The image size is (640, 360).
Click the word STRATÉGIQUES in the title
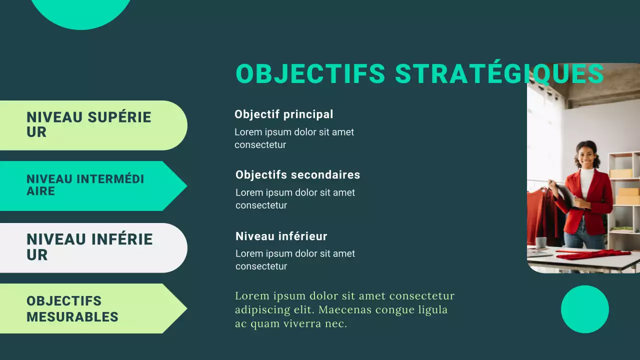click(499, 74)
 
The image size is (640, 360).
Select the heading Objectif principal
click(283, 114)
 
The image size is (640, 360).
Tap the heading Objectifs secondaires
click(297, 175)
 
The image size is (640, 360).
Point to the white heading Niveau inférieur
click(281, 236)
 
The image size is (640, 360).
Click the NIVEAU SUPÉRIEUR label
click(89, 124)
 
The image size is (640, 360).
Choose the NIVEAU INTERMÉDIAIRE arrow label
click(85, 185)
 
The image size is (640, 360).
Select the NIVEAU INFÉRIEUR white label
click(89, 247)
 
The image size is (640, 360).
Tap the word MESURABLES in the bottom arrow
click(72, 317)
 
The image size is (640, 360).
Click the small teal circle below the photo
click(584, 309)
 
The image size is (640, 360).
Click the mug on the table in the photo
click(541, 242)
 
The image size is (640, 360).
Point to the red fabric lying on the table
click(592, 254)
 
